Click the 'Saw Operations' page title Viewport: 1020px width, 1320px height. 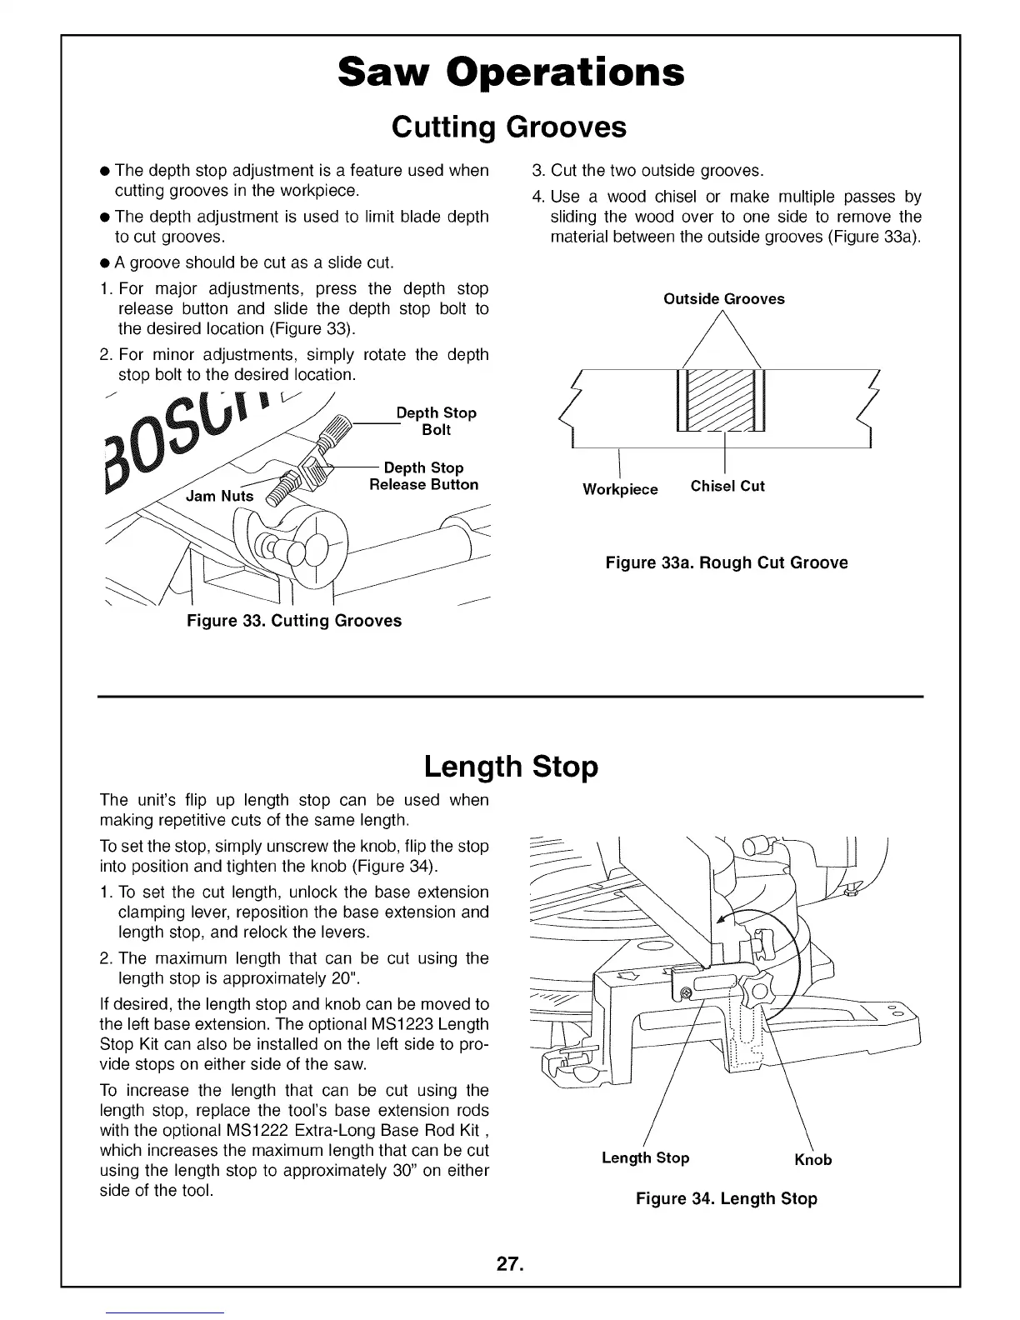click(511, 72)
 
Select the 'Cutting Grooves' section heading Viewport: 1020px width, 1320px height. click(508, 127)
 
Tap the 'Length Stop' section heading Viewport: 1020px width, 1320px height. click(510, 766)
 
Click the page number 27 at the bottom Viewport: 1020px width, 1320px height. click(509, 1264)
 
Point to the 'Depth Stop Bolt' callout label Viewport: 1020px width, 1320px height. click(437, 422)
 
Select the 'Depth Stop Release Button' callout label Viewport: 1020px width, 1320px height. click(423, 477)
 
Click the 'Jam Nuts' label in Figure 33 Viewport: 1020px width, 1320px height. click(219, 496)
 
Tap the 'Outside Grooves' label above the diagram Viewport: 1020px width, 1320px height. click(723, 299)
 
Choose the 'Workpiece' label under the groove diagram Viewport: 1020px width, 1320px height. click(620, 489)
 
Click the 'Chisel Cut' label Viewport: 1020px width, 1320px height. click(727, 487)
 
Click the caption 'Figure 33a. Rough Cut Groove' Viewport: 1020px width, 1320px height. click(726, 562)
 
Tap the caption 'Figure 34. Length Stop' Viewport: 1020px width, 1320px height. click(726, 1199)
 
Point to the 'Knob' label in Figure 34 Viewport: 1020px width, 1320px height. click(812, 1160)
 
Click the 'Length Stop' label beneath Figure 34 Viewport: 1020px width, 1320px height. click(645, 1158)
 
